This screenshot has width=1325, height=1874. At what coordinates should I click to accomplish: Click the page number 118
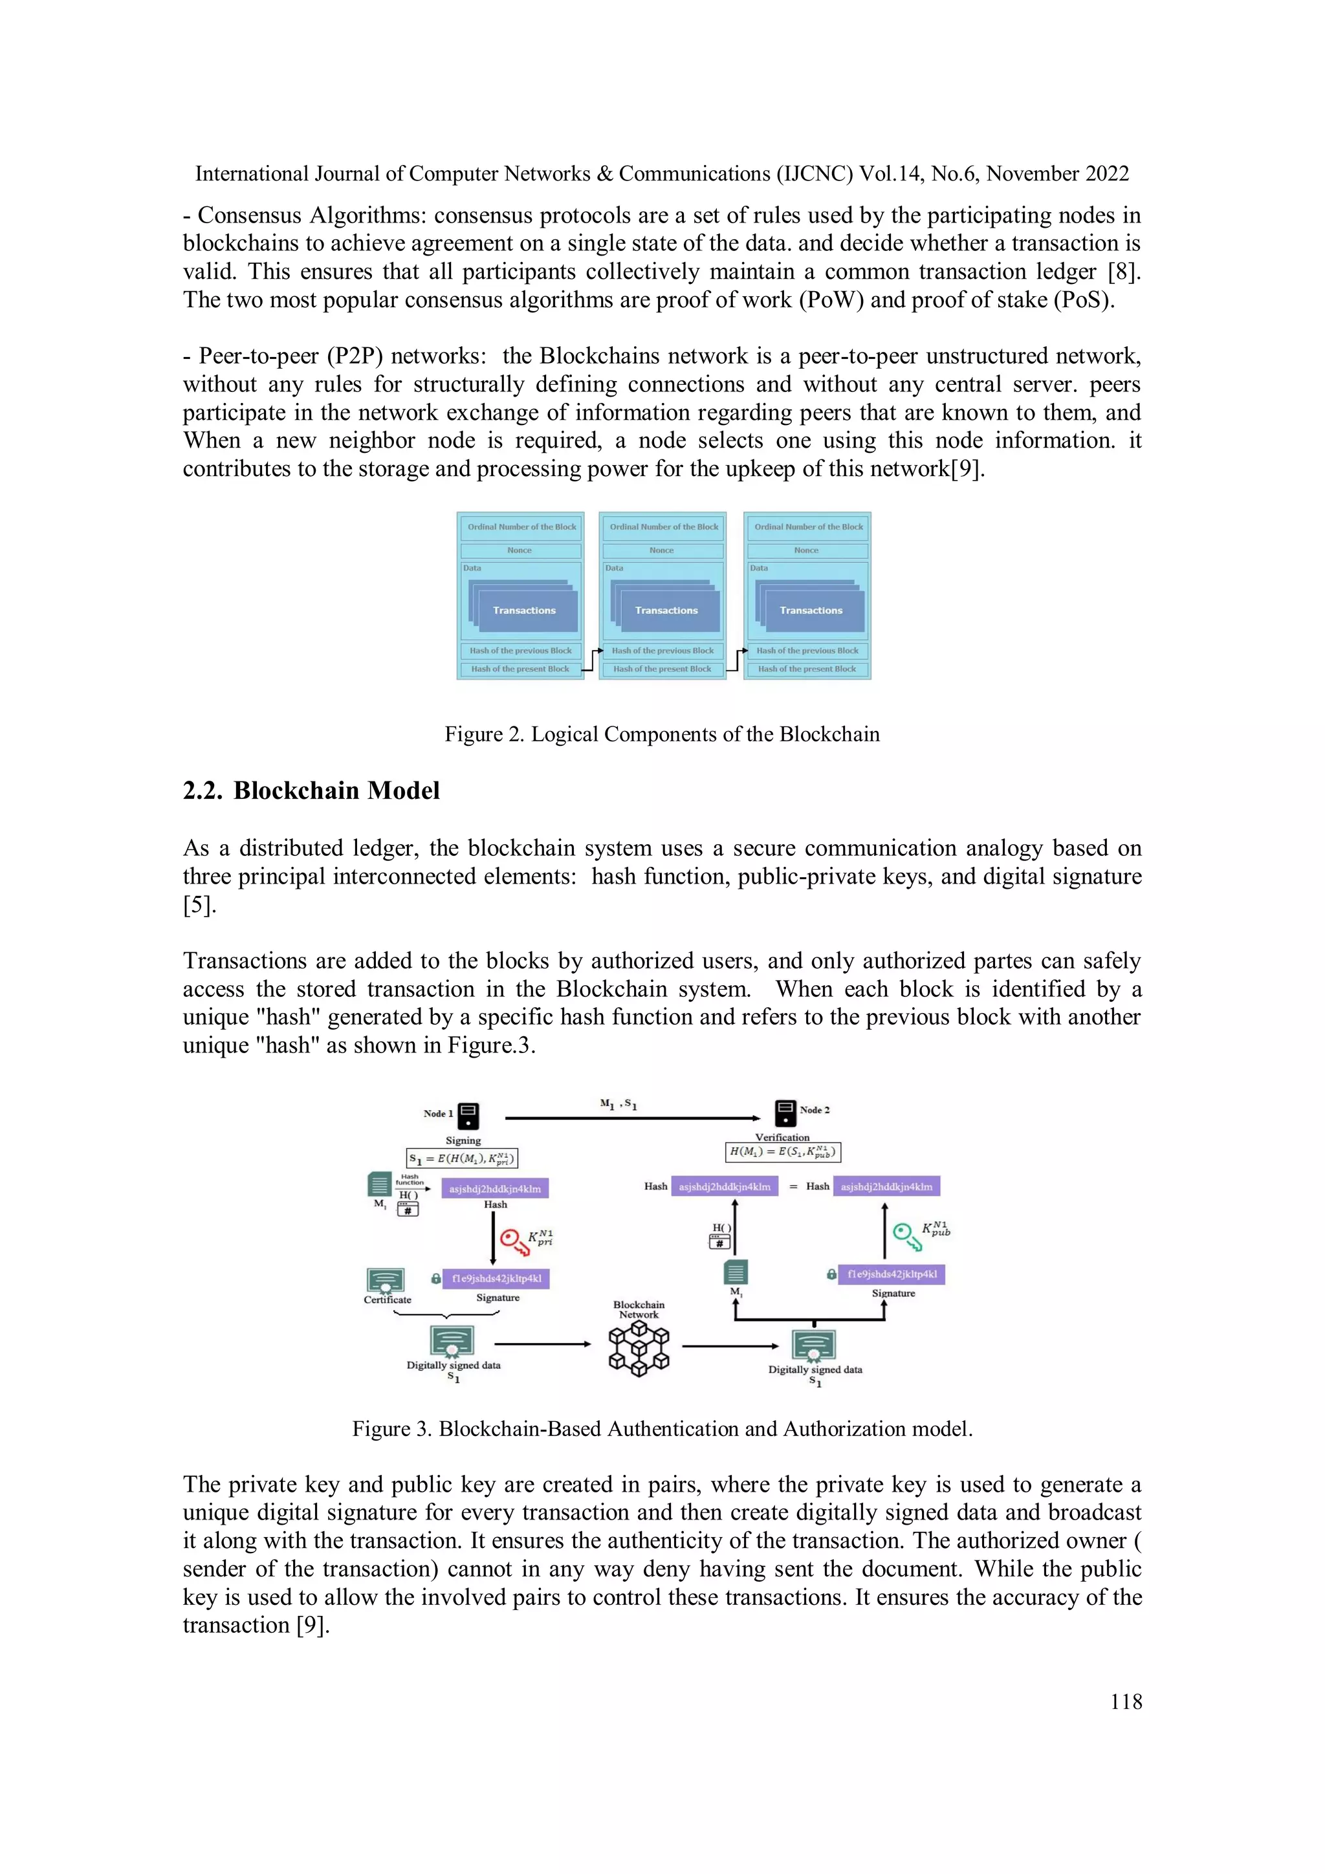click(1126, 1702)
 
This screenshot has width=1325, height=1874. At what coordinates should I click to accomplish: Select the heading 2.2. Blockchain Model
click(311, 790)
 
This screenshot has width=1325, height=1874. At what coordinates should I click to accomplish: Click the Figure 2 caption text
click(662, 734)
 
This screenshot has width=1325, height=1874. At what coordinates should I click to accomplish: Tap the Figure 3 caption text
click(662, 1428)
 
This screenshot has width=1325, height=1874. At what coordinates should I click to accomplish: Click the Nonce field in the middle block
click(662, 550)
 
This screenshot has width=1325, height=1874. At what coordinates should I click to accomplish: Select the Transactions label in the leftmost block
click(524, 611)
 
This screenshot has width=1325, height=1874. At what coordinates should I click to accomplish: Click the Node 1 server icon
click(468, 1115)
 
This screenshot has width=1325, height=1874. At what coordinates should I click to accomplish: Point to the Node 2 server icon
click(785, 1112)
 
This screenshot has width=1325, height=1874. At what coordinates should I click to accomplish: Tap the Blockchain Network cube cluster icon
click(639, 1348)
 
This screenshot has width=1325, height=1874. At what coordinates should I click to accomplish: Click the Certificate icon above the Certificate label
click(386, 1280)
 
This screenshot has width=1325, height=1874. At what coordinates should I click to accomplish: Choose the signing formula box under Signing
click(462, 1158)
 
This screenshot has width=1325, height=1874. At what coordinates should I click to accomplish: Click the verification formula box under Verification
click(783, 1151)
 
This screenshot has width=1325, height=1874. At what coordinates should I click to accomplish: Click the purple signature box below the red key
click(496, 1278)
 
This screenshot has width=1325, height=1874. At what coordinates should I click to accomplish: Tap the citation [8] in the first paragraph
click(1123, 272)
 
